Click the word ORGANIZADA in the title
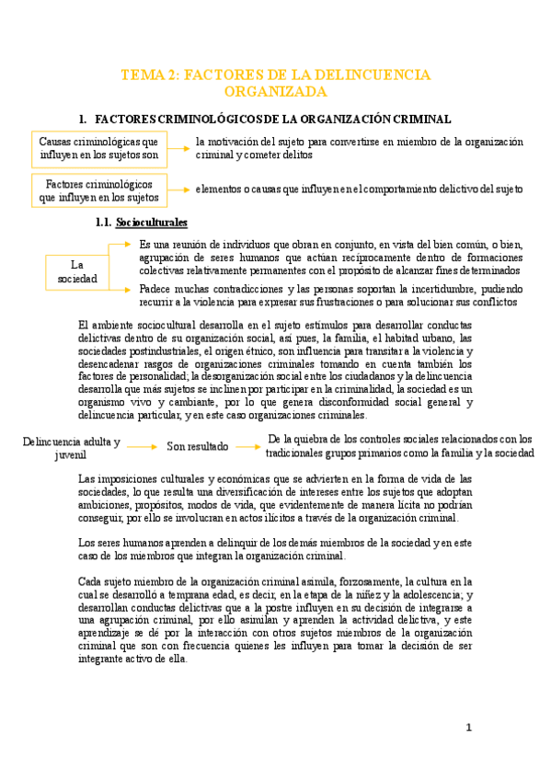275,92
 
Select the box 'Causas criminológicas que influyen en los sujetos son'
98,148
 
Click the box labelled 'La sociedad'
76,271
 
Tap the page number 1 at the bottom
468,728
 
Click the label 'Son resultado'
197,447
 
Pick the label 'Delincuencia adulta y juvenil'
71,448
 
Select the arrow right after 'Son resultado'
247,447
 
